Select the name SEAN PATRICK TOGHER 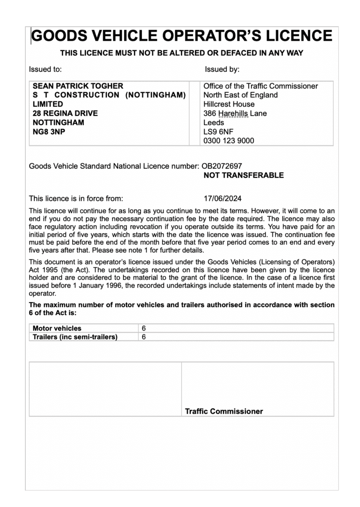tap(78, 86)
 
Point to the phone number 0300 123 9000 tap(229, 141)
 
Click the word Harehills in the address tap(232, 114)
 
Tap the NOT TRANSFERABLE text tap(243, 175)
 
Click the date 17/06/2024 tap(223, 198)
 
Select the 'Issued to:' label tap(45, 69)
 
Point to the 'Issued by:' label tap(222, 69)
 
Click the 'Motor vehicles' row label tap(57, 328)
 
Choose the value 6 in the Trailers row tap(143, 337)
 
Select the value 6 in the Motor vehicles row tap(143, 328)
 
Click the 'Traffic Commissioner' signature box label tap(224, 411)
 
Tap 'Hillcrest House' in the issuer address tap(229, 104)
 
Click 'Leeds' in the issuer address tap(214, 123)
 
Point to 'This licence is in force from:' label tap(76, 198)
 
